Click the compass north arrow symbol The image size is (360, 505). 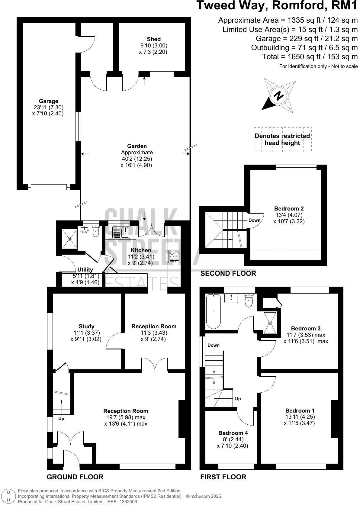click(x=278, y=96)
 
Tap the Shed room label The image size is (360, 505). click(x=154, y=39)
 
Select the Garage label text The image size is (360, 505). click(x=48, y=101)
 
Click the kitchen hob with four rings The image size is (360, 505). click(x=174, y=256)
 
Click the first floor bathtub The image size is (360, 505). click(x=214, y=311)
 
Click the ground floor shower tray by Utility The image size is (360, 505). click(x=69, y=239)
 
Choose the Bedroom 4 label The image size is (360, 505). click(x=233, y=433)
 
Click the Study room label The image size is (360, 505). click(x=86, y=326)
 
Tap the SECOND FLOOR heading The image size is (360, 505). click(x=228, y=273)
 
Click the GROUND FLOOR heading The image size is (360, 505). click(x=75, y=477)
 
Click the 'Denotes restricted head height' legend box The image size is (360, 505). click(x=282, y=140)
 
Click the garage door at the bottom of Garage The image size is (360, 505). click(x=48, y=187)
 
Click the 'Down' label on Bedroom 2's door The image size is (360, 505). click(x=254, y=220)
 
